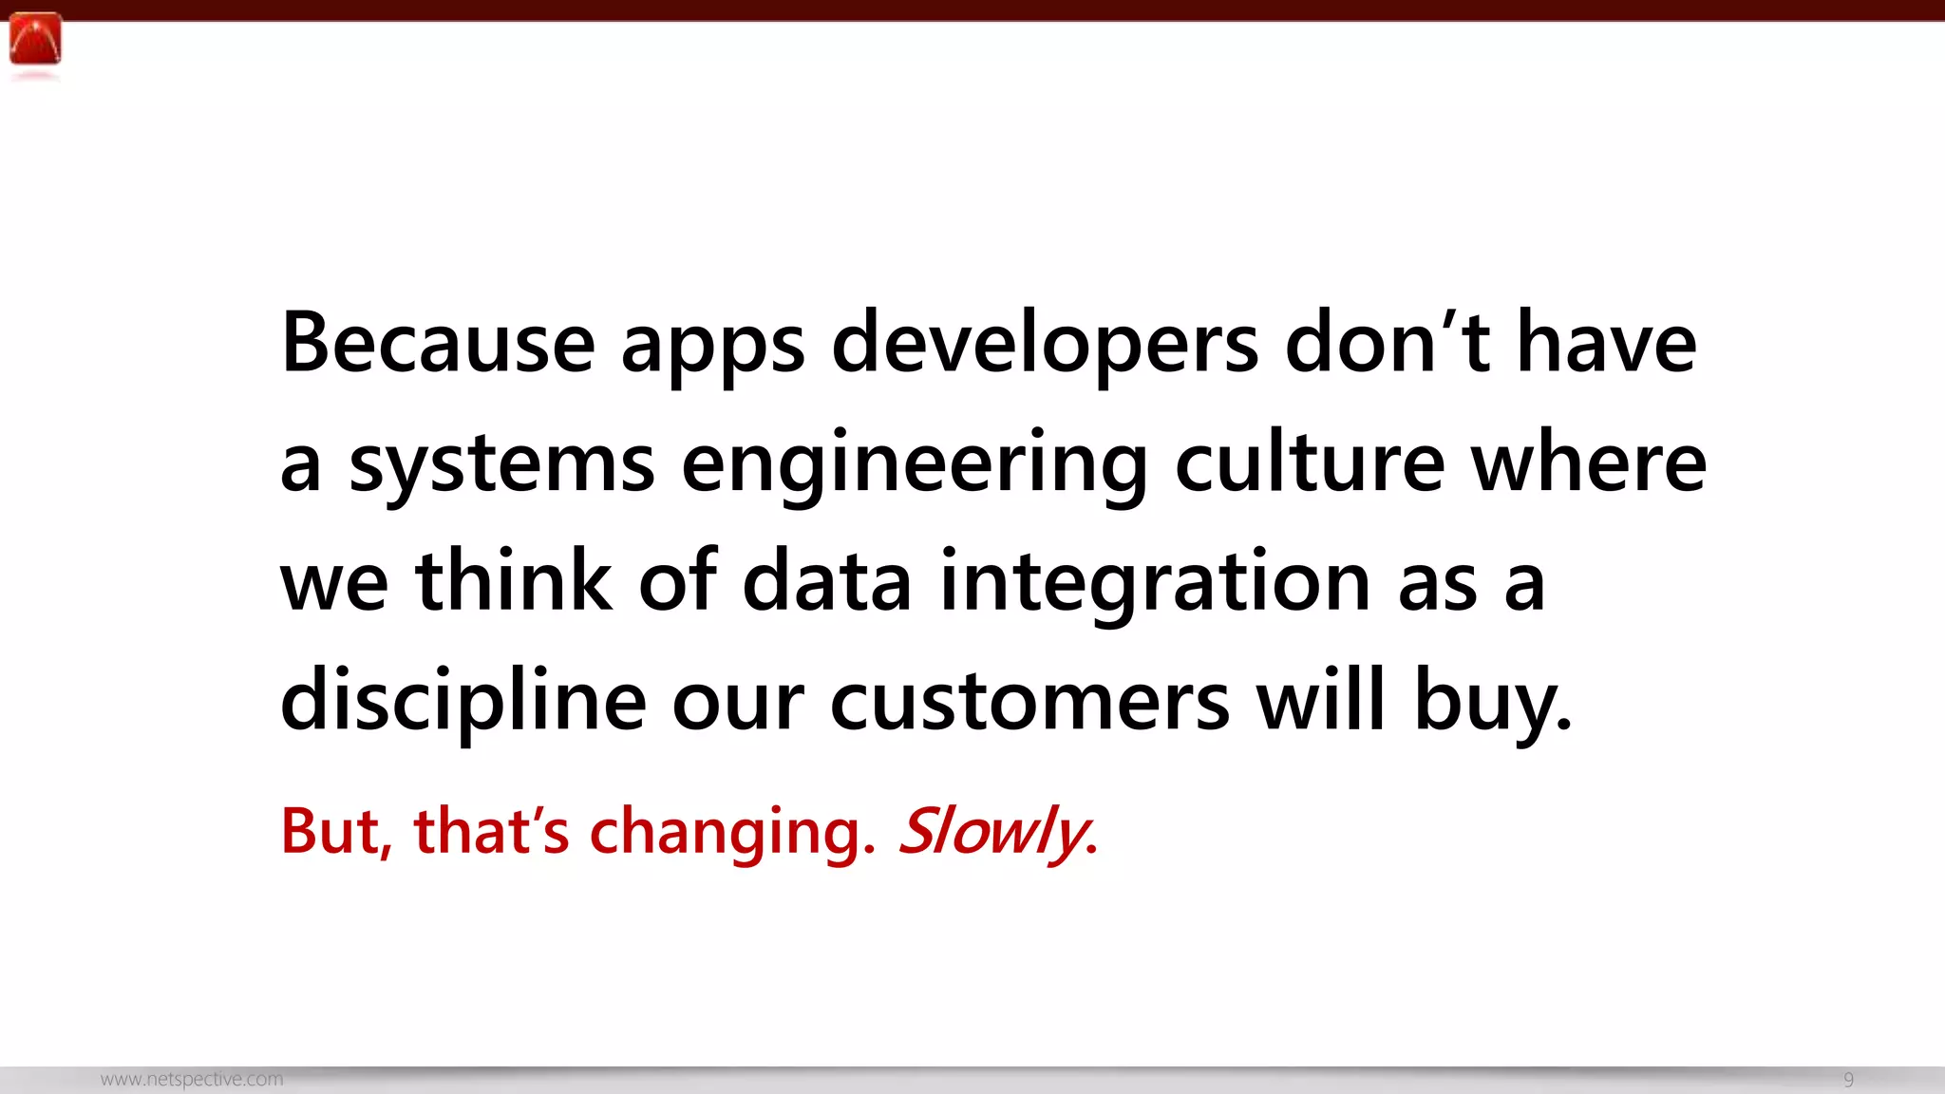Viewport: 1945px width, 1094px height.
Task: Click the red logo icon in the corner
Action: point(35,40)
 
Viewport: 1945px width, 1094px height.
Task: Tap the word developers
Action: point(1045,344)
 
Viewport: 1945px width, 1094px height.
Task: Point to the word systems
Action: point(501,465)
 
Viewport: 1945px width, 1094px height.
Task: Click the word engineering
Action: point(914,465)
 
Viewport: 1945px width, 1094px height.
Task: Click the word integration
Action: point(1155,583)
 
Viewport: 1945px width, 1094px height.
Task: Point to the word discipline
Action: point(463,701)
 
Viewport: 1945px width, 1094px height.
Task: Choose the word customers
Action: point(1029,701)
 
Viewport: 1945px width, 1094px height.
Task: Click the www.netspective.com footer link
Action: point(192,1080)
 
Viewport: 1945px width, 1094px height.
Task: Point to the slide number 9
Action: point(1848,1080)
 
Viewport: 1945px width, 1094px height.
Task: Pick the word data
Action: point(826,581)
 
